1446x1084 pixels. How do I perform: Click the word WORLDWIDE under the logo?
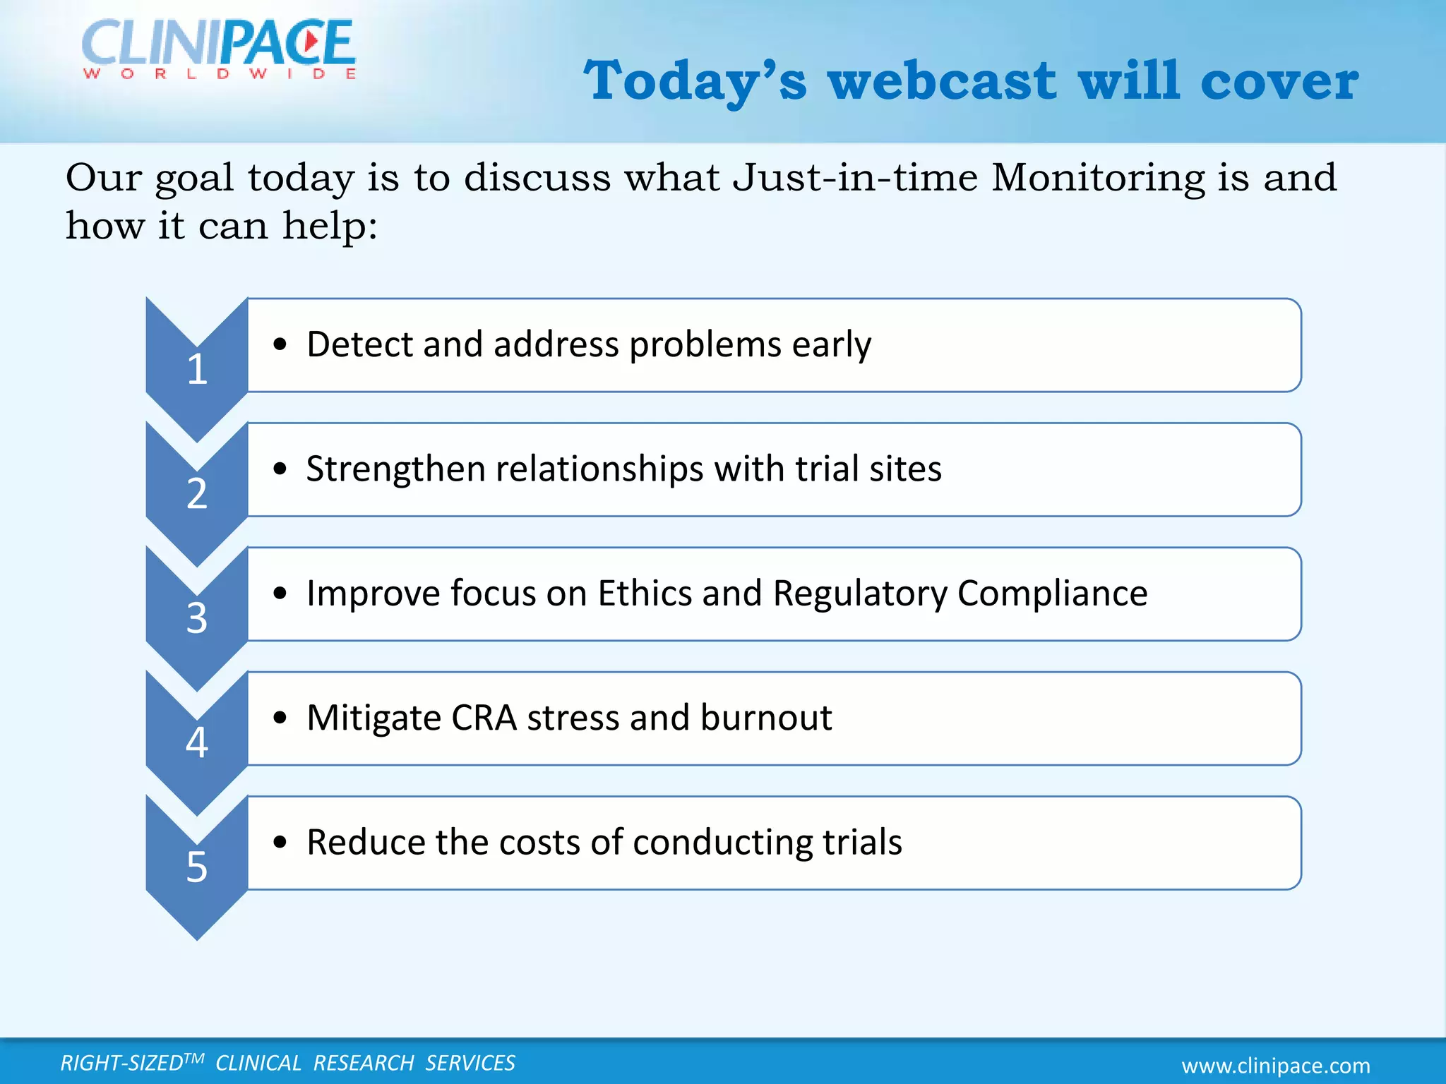point(220,74)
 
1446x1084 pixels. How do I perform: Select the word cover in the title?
point(1279,80)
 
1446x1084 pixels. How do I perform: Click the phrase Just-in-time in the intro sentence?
point(855,177)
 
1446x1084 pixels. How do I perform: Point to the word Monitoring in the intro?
point(1098,177)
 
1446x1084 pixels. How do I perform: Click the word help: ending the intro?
point(330,227)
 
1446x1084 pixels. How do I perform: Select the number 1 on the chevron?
point(197,369)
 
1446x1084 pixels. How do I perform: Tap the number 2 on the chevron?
point(197,493)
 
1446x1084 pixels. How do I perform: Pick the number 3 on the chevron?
point(197,618)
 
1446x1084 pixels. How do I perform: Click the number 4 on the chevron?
point(197,742)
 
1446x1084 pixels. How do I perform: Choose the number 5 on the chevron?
point(197,867)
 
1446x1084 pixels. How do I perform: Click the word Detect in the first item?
point(359,344)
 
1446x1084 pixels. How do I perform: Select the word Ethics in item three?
point(644,593)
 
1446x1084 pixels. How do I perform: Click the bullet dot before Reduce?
point(280,842)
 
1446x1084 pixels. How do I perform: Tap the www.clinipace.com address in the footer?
point(1276,1065)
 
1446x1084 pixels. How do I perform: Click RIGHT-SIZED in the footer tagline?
point(122,1063)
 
